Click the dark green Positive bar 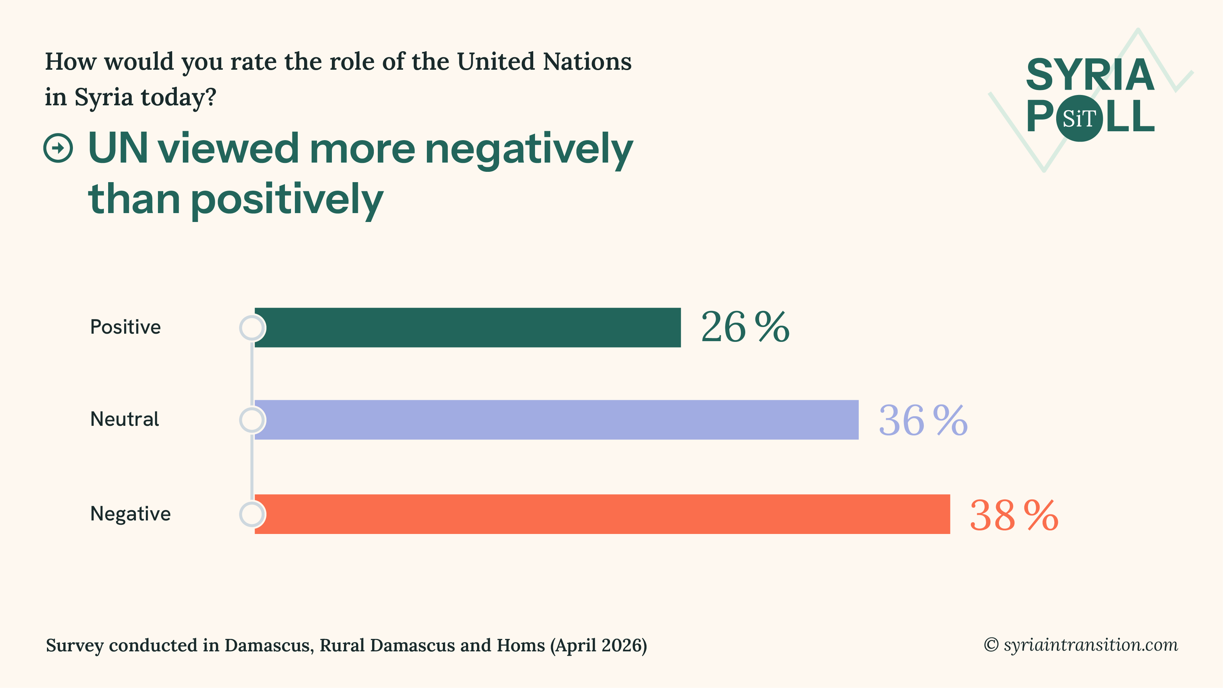tap(468, 328)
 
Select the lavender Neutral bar tap(556, 420)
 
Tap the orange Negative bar tap(602, 514)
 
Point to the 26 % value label tap(745, 327)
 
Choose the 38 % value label tap(1013, 515)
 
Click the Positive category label tap(125, 327)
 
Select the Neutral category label tap(125, 419)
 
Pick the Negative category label tap(130, 514)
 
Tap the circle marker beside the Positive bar tap(252, 328)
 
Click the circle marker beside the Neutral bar tap(252, 420)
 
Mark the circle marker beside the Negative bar tap(252, 514)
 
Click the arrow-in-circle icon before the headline tap(58, 148)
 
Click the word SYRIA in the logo tap(1090, 75)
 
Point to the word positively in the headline tap(287, 200)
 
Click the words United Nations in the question tap(544, 62)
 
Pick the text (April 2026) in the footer tap(598, 645)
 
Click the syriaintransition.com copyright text tap(1081, 645)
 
